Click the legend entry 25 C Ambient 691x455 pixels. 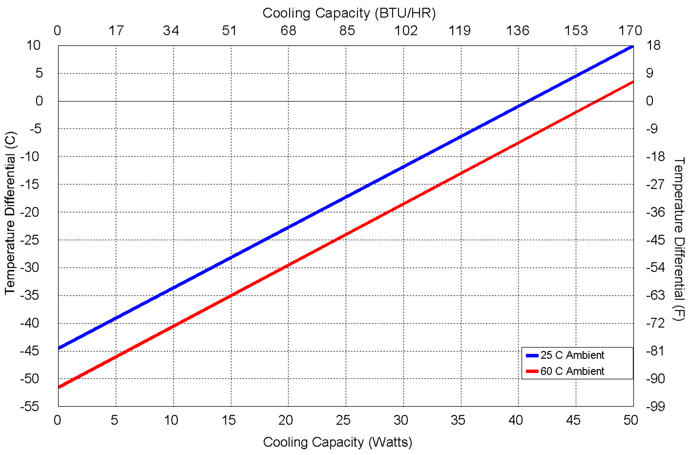tap(572, 355)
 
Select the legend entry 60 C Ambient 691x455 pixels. tap(572, 371)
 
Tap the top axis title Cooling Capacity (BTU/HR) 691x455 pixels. tap(349, 13)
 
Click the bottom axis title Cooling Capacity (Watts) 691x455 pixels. tap(338, 442)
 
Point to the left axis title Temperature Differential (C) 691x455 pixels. tap(10, 213)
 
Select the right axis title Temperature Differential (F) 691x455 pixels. tap(679, 239)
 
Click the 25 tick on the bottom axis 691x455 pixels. tap(343, 420)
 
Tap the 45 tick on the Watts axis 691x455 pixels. tap(573, 420)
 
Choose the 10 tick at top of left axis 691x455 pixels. tap(33, 45)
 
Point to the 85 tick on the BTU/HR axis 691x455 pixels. tap(347, 31)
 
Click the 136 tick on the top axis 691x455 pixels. tap(518, 31)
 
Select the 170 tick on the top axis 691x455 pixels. tap(630, 31)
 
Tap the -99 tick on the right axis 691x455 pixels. tap(655, 407)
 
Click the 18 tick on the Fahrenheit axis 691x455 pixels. tap(653, 45)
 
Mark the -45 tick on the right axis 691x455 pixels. tap(655, 240)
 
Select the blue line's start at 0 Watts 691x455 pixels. tap(59, 348)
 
